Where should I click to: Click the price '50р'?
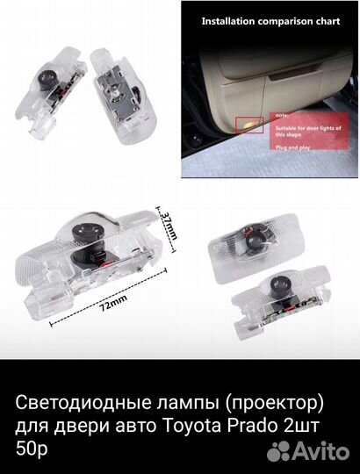(x=31, y=448)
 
